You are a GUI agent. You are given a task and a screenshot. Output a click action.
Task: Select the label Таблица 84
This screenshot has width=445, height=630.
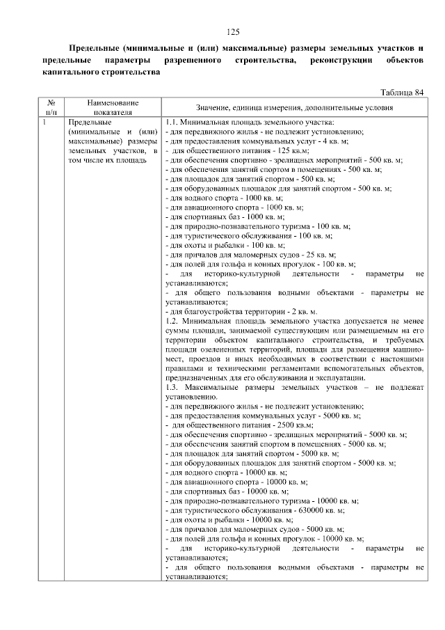click(402, 93)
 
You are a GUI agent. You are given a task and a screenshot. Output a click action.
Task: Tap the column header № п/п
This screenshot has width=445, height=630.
click(51, 107)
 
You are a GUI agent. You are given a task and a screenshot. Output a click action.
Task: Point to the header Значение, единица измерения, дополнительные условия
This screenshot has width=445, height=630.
click(294, 107)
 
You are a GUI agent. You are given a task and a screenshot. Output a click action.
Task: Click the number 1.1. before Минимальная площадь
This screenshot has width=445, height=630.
click(173, 123)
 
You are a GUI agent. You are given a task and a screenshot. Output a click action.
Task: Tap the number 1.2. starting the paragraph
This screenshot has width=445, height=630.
click(173, 322)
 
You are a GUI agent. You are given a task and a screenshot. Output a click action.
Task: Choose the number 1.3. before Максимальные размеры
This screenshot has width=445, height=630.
click(173, 387)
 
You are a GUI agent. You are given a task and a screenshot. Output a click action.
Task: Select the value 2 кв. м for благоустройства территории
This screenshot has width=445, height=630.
click(302, 312)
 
